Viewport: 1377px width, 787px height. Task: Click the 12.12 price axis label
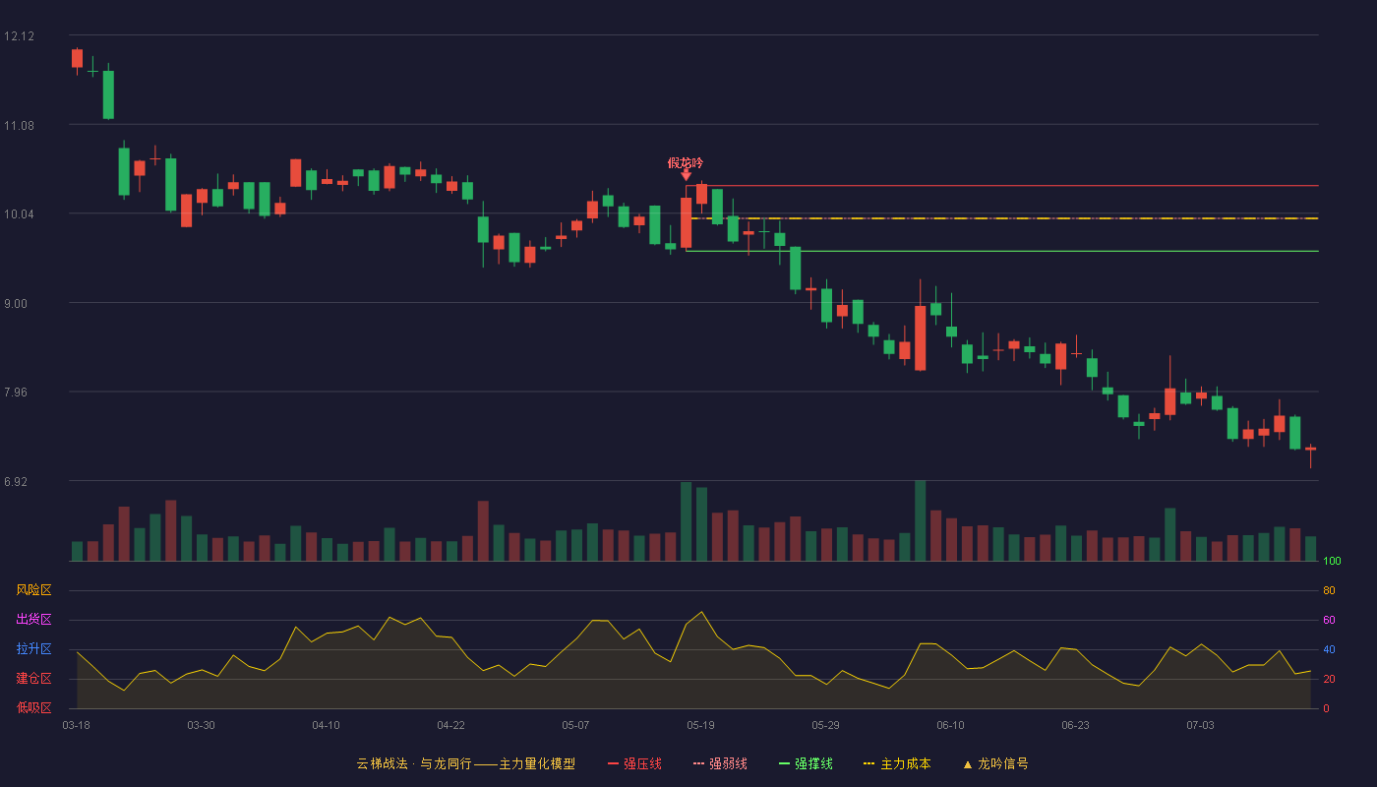(x=19, y=36)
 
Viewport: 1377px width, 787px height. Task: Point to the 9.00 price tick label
(x=16, y=304)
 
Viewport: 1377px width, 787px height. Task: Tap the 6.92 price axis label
(x=16, y=481)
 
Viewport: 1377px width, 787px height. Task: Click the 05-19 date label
(x=700, y=726)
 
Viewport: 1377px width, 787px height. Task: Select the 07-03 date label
(x=1201, y=726)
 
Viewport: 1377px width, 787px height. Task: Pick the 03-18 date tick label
(x=77, y=726)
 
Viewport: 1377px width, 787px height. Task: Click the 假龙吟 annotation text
(x=686, y=163)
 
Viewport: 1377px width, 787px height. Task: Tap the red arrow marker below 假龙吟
(x=687, y=176)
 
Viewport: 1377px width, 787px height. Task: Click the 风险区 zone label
(x=33, y=590)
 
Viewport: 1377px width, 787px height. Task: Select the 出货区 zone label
(x=33, y=619)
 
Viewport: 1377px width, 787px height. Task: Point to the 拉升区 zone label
(x=33, y=648)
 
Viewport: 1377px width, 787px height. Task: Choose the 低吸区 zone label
(x=33, y=707)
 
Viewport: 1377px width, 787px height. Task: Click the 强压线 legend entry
(x=634, y=763)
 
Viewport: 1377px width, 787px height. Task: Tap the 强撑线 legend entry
(x=806, y=763)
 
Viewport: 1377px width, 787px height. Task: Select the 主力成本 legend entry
(x=897, y=763)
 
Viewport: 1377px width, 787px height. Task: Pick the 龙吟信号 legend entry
(x=995, y=763)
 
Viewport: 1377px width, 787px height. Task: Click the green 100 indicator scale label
(x=1332, y=561)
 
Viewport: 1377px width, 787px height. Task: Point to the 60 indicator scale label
(x=1329, y=620)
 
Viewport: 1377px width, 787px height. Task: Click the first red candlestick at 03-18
(x=77, y=59)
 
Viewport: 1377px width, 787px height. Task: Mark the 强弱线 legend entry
(x=720, y=763)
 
